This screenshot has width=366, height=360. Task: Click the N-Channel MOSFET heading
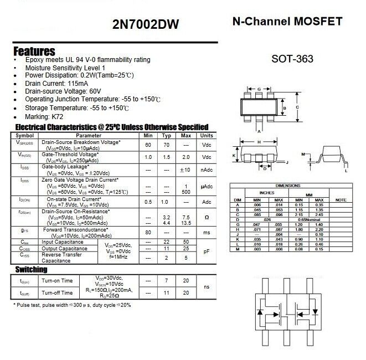coord(287,22)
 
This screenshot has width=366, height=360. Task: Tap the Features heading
coord(34,51)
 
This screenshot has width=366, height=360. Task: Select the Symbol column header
coord(24,136)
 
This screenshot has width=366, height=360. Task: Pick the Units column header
coord(207,136)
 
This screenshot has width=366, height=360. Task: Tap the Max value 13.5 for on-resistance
coord(186,223)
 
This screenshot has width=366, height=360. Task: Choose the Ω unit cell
coord(207,217)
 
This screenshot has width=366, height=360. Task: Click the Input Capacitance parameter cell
coord(63,242)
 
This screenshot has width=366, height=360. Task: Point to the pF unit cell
coord(207,251)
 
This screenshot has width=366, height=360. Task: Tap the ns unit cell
coord(207,286)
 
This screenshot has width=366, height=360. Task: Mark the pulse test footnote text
coord(72,305)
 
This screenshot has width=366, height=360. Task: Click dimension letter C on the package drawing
coord(297,107)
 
